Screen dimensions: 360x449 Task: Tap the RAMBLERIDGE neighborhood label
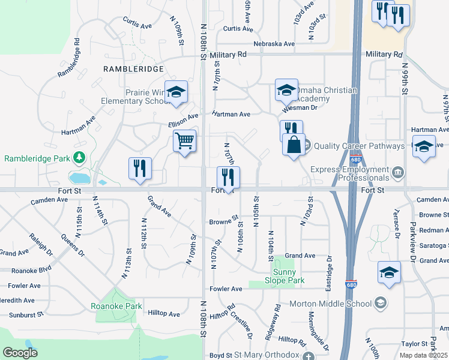(133, 69)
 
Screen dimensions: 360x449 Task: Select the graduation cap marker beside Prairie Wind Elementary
(176, 92)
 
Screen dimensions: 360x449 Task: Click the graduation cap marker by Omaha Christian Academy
(286, 90)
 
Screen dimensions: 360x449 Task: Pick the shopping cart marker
(185, 142)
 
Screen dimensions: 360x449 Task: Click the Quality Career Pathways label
(351, 145)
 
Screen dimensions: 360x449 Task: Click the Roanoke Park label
(116, 306)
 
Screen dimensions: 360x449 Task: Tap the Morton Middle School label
(331, 304)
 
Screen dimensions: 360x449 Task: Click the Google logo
(20, 353)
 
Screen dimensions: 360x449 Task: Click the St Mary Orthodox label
(266, 355)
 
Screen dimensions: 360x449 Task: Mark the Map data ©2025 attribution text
(424, 355)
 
